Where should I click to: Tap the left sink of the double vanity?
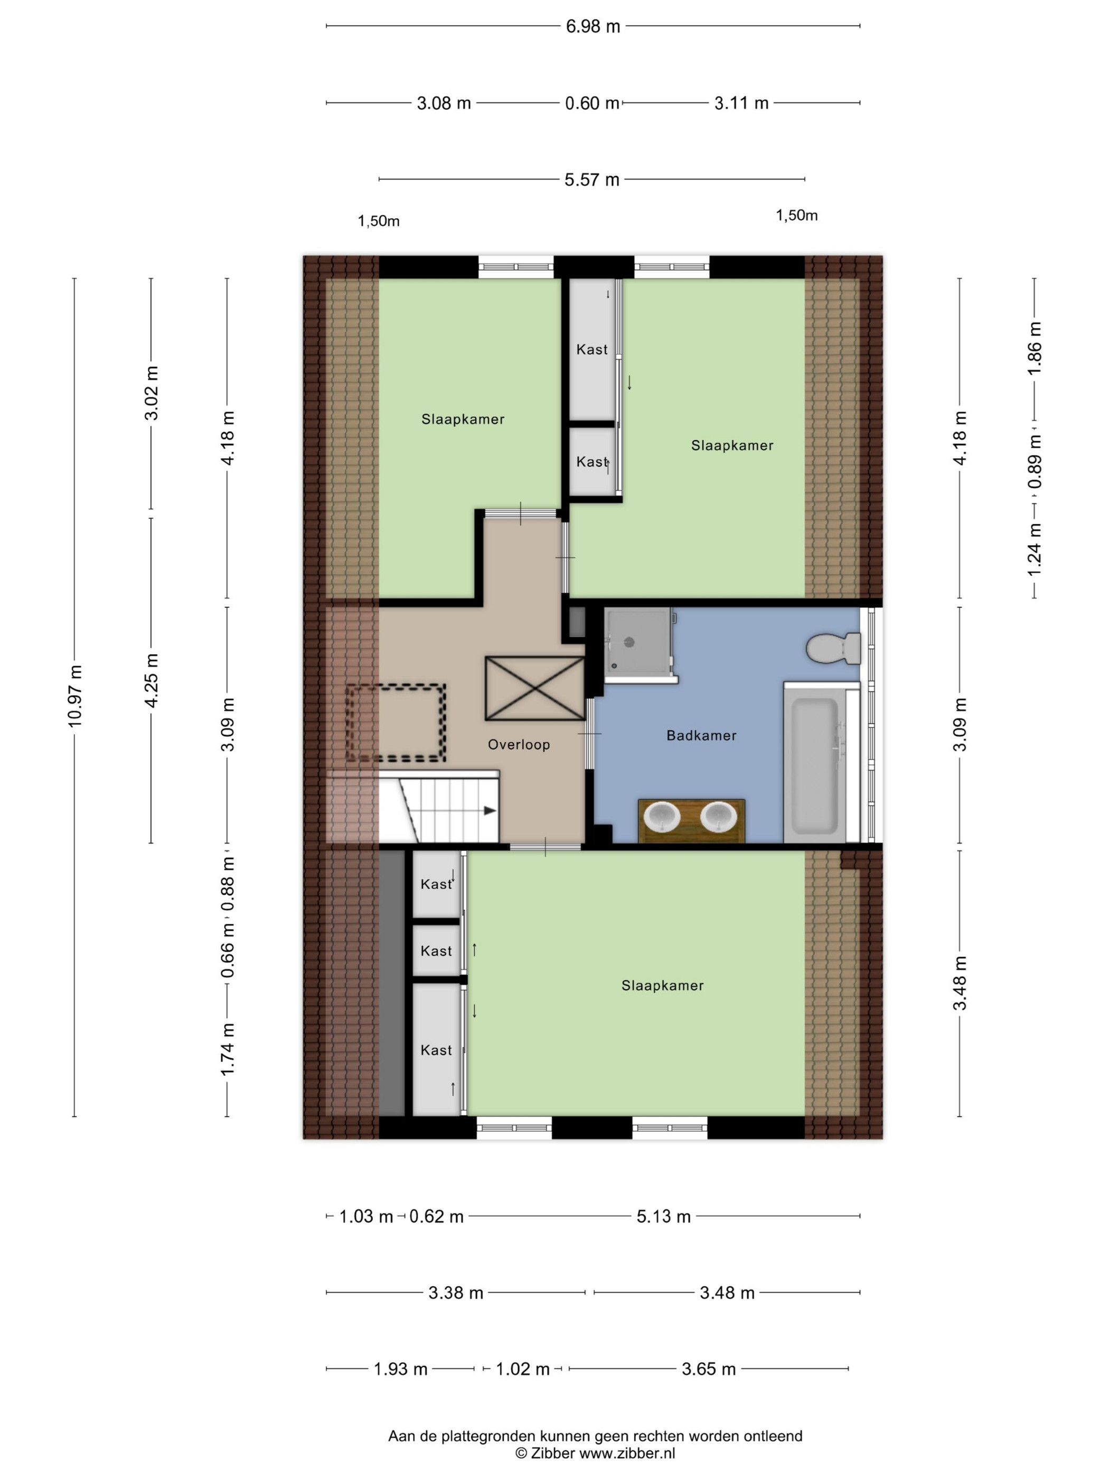662,817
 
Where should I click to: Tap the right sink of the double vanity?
719,817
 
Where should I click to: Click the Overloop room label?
519,744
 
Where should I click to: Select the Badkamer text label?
701,735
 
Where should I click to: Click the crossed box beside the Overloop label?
535,688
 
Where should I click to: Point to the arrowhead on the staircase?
490,810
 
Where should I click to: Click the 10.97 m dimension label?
74,696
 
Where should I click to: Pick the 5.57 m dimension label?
591,179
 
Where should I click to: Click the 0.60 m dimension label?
591,103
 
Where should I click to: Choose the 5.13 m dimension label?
663,1216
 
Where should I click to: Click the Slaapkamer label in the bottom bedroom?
662,986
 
